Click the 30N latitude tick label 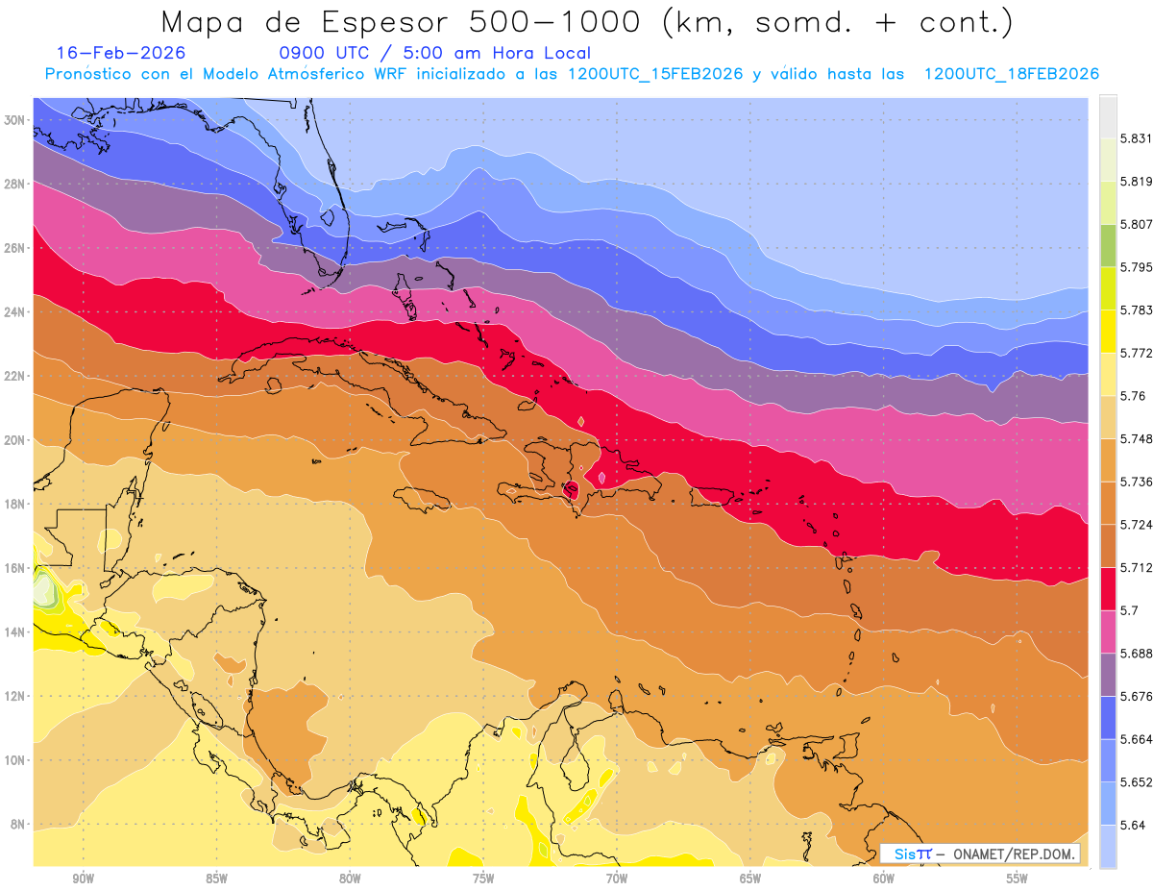[14, 120]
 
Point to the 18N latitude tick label [14, 504]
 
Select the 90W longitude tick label [83, 878]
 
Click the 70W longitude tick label [617, 878]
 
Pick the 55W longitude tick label [1018, 878]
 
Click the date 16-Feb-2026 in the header [120, 53]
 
